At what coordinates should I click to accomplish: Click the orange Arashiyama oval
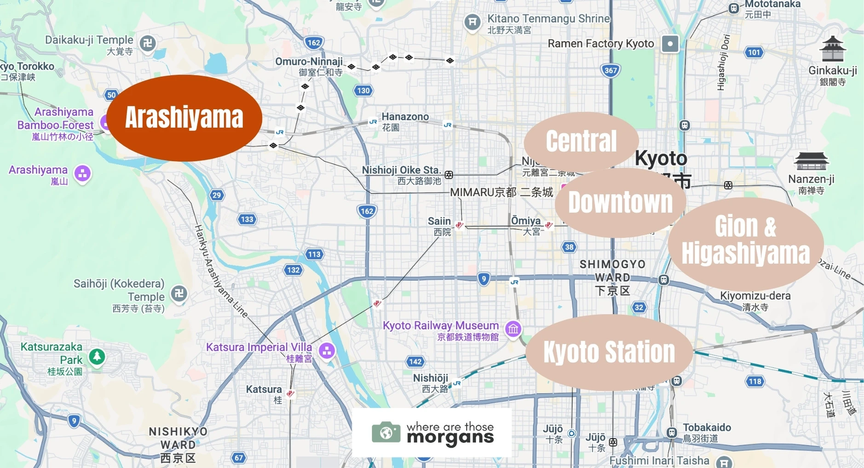pyautogui.click(x=184, y=118)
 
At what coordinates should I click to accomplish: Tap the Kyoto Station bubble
pyautogui.click(x=609, y=352)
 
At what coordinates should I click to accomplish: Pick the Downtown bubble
pyautogui.click(x=620, y=202)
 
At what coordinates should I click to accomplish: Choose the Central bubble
pyautogui.click(x=581, y=141)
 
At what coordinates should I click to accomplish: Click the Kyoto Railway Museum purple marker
pyautogui.click(x=513, y=329)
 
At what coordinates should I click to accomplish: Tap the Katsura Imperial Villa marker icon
pyautogui.click(x=327, y=350)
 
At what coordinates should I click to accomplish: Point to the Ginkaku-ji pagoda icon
pyautogui.click(x=833, y=49)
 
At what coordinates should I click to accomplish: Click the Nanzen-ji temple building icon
pyautogui.click(x=811, y=161)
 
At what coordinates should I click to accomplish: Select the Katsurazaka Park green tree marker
pyautogui.click(x=97, y=356)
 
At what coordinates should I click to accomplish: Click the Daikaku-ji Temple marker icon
pyautogui.click(x=148, y=43)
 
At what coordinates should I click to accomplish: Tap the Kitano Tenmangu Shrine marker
pyautogui.click(x=472, y=22)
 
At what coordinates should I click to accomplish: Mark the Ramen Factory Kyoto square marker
pyautogui.click(x=670, y=44)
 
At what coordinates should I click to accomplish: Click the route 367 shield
pyautogui.click(x=611, y=70)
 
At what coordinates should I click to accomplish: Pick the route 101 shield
pyautogui.click(x=754, y=52)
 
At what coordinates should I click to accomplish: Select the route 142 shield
pyautogui.click(x=415, y=361)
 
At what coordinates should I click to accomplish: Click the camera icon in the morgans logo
pyautogui.click(x=386, y=433)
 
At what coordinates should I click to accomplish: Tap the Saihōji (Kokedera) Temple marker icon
pyautogui.click(x=179, y=293)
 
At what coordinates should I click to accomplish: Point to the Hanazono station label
pyautogui.click(x=405, y=117)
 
